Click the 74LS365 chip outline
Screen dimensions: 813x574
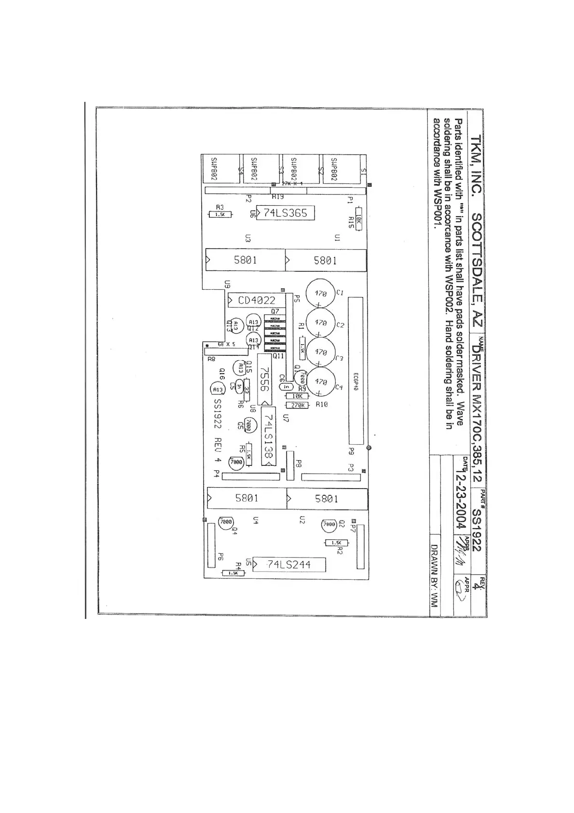pos(285,213)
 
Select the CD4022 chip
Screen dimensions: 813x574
pos(256,300)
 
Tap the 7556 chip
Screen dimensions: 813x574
pos(264,379)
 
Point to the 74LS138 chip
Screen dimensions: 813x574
pos(269,436)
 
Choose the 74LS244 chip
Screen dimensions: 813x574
pos(289,564)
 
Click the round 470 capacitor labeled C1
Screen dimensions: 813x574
pos(321,293)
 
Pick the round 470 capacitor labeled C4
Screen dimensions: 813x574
pos(321,381)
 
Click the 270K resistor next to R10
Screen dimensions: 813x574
pos(298,406)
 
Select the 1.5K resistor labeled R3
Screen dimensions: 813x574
pos(220,214)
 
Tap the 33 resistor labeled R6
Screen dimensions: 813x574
pos(246,387)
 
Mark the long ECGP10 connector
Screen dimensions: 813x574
pos(355,371)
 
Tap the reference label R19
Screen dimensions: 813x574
pos(277,197)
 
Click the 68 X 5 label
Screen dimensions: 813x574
pos(226,345)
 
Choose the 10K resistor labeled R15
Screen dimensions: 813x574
pos(358,219)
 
